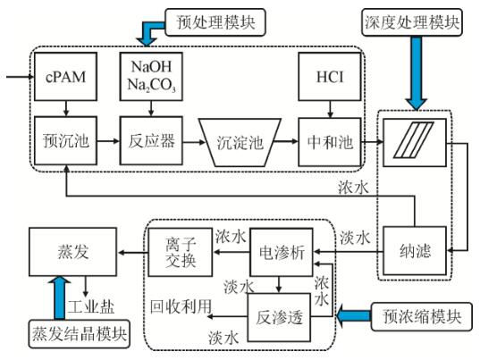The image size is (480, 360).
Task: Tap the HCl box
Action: (x=324, y=78)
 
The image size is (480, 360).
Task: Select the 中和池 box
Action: (x=324, y=141)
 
